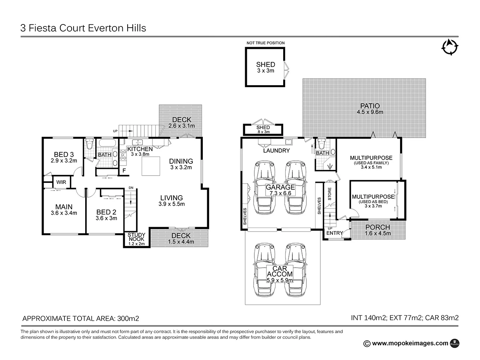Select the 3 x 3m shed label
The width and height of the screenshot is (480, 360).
(x=266, y=70)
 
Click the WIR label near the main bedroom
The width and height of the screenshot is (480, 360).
(x=61, y=182)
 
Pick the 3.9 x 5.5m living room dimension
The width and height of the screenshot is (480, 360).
(x=172, y=204)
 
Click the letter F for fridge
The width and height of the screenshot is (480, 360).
(x=124, y=171)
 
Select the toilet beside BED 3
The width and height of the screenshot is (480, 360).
(x=89, y=144)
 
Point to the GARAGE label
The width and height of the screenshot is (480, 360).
(x=280, y=187)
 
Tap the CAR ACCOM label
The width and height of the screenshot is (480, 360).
(x=280, y=271)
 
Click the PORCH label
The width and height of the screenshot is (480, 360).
(x=378, y=227)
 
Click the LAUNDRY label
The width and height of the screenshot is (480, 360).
(x=276, y=151)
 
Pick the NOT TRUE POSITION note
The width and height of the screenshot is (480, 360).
(x=266, y=43)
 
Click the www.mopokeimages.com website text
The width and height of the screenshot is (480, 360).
(x=410, y=343)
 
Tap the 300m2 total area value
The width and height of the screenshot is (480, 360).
(x=128, y=318)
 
